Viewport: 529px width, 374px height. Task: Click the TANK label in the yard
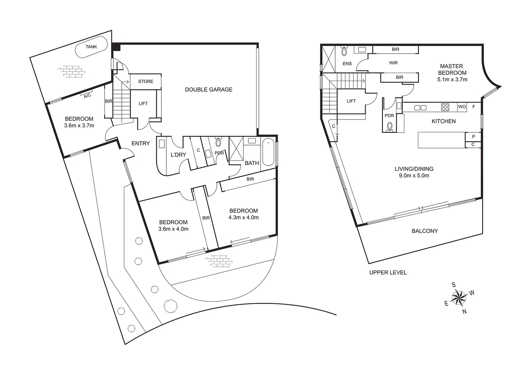[x=91, y=47]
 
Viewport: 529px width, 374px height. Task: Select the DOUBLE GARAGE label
[x=208, y=90]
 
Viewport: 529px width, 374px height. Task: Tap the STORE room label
[x=145, y=81]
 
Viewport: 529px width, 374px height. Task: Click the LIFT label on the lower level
[x=143, y=104]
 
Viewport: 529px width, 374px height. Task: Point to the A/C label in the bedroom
[x=87, y=95]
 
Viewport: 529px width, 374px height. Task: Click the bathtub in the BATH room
[x=268, y=152]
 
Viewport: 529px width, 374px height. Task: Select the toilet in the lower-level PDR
[x=218, y=142]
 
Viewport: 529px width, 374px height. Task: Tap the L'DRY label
[x=178, y=155]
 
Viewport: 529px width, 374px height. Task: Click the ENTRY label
[x=141, y=143]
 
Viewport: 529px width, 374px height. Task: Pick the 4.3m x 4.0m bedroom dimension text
[x=243, y=217]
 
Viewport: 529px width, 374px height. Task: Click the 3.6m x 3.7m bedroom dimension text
[x=79, y=126]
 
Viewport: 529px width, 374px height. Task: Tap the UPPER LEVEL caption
[x=388, y=273]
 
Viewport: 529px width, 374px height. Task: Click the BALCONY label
[x=424, y=231]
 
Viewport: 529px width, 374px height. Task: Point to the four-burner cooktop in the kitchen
[x=445, y=107]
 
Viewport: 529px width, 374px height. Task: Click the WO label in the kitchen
[x=462, y=107]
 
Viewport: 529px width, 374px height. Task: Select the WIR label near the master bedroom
[x=393, y=63]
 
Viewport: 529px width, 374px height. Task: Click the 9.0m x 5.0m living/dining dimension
[x=414, y=176]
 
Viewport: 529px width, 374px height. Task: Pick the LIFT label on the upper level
[x=351, y=101]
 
